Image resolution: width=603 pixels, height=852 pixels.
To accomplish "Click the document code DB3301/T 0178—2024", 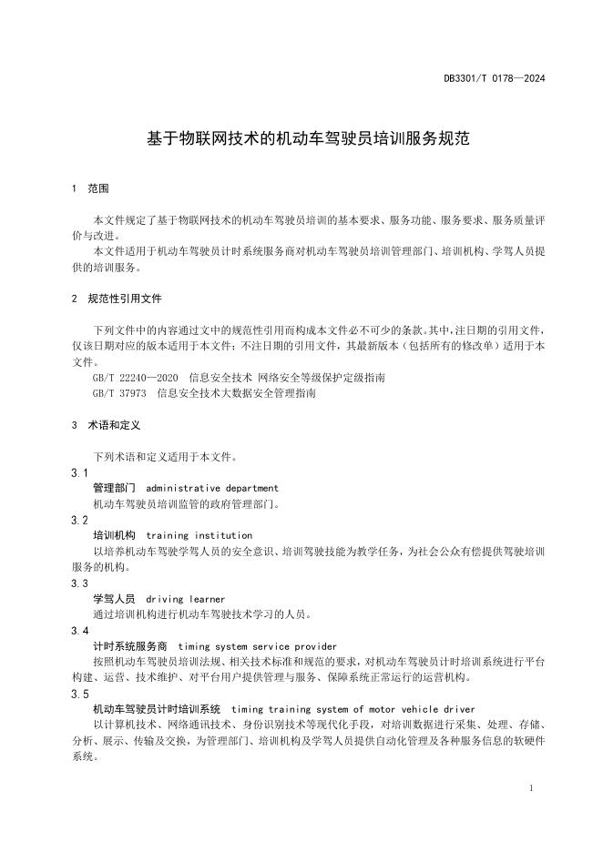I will pos(495,79).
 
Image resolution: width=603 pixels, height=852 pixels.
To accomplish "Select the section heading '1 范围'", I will pos(90,189).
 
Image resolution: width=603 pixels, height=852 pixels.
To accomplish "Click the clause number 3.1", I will pos(79,473).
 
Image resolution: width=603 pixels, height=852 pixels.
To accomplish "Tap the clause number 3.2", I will pos(79,521).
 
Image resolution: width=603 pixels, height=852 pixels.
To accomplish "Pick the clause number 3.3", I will pos(79,583).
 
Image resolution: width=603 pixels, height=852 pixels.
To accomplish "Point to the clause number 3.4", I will pos(79,631).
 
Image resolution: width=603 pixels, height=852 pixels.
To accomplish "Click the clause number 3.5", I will pos(79,694).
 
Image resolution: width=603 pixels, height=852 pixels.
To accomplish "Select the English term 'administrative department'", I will pos(212,489).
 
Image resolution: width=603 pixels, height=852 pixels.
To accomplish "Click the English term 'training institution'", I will pos(199,536).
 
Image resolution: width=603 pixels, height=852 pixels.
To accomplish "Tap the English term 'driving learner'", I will pos(185,599).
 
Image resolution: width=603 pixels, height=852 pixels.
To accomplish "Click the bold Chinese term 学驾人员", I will pos(114,599).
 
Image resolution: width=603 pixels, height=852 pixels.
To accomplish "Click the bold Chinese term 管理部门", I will pos(114,489).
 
